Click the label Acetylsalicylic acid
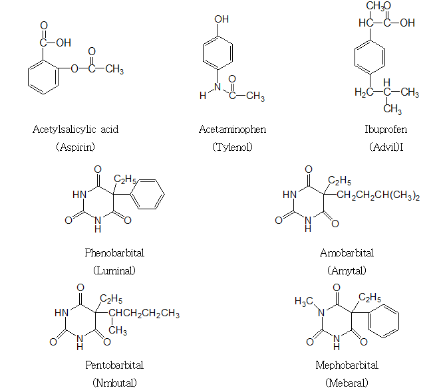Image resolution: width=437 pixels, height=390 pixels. click(75, 130)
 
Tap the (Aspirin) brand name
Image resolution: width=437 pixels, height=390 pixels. click(75, 147)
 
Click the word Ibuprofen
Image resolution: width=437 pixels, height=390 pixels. click(386, 130)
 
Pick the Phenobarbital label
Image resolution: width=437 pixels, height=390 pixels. click(114, 253)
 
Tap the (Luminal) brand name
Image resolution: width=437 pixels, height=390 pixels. click(114, 270)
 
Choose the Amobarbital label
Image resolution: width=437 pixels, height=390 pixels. click(347, 253)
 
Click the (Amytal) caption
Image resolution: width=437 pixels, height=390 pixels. click(347, 270)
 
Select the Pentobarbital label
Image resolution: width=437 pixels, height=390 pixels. click(114, 365)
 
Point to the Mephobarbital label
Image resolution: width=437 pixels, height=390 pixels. click(347, 365)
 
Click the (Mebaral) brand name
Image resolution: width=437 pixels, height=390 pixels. click(347, 383)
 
